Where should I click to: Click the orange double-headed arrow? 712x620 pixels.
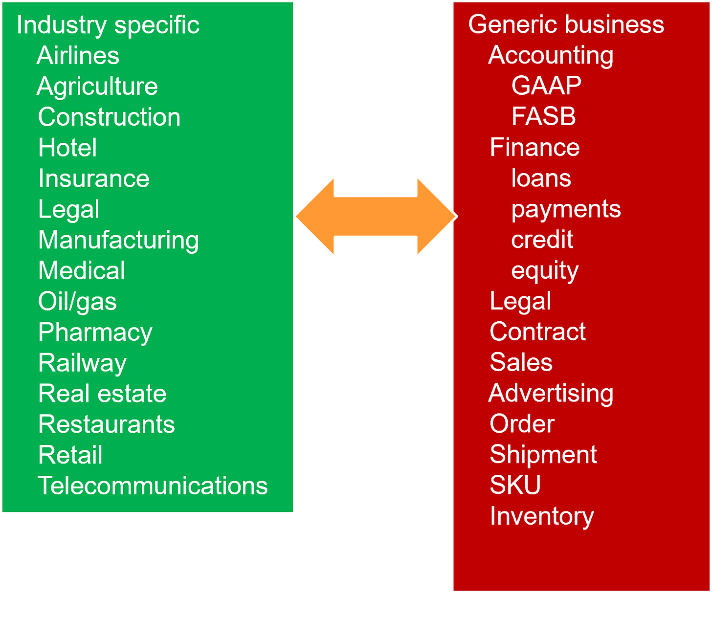pyautogui.click(x=376, y=217)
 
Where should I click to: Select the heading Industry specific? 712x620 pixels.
pyautogui.click(x=108, y=25)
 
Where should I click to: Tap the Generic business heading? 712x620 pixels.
pyautogui.click(x=566, y=24)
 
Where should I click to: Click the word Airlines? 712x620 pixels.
pyautogui.click(x=78, y=55)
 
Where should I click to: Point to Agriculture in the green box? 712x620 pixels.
pyautogui.click(x=97, y=87)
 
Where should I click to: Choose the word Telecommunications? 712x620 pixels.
pyautogui.click(x=153, y=486)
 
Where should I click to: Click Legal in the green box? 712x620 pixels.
pyautogui.click(x=69, y=209)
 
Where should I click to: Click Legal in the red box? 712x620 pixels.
pyautogui.click(x=520, y=301)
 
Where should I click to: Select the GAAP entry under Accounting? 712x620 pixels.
pyautogui.click(x=546, y=86)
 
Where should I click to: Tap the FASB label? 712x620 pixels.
pyautogui.click(x=543, y=116)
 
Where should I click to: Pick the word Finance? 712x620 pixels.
pyautogui.click(x=534, y=147)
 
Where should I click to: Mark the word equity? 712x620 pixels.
pyautogui.click(x=545, y=270)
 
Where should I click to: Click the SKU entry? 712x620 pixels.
pyautogui.click(x=515, y=485)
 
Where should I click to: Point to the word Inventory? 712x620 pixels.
pyautogui.click(x=542, y=516)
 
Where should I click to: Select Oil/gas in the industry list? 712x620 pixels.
pyautogui.click(x=77, y=301)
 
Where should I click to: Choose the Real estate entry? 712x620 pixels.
pyautogui.click(x=102, y=394)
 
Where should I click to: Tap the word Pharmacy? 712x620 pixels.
pyautogui.click(x=95, y=332)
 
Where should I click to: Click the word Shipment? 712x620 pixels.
pyautogui.click(x=543, y=455)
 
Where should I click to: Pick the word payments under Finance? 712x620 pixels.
pyautogui.click(x=566, y=209)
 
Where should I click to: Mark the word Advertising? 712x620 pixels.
pyautogui.click(x=551, y=393)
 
